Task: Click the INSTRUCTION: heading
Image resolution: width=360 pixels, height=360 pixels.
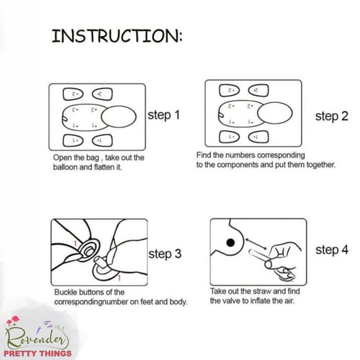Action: pos(117,36)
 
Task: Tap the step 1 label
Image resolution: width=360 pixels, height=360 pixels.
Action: pos(163,115)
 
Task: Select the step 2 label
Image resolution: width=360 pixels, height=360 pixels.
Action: pos(332,116)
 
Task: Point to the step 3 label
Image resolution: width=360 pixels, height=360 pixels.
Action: pos(165,254)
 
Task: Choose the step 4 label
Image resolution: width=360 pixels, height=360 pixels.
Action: pos(332,250)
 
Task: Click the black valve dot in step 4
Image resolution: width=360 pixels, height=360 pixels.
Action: pos(230,243)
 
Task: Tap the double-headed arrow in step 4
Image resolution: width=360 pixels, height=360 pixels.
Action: pos(256,244)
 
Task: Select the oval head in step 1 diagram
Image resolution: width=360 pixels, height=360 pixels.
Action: pos(119,117)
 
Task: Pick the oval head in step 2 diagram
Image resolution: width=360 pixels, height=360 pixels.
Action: pos(275,113)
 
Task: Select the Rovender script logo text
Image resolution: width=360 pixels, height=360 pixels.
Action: pos(37,338)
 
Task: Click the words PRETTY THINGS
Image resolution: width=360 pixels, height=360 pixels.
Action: pos(37,354)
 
